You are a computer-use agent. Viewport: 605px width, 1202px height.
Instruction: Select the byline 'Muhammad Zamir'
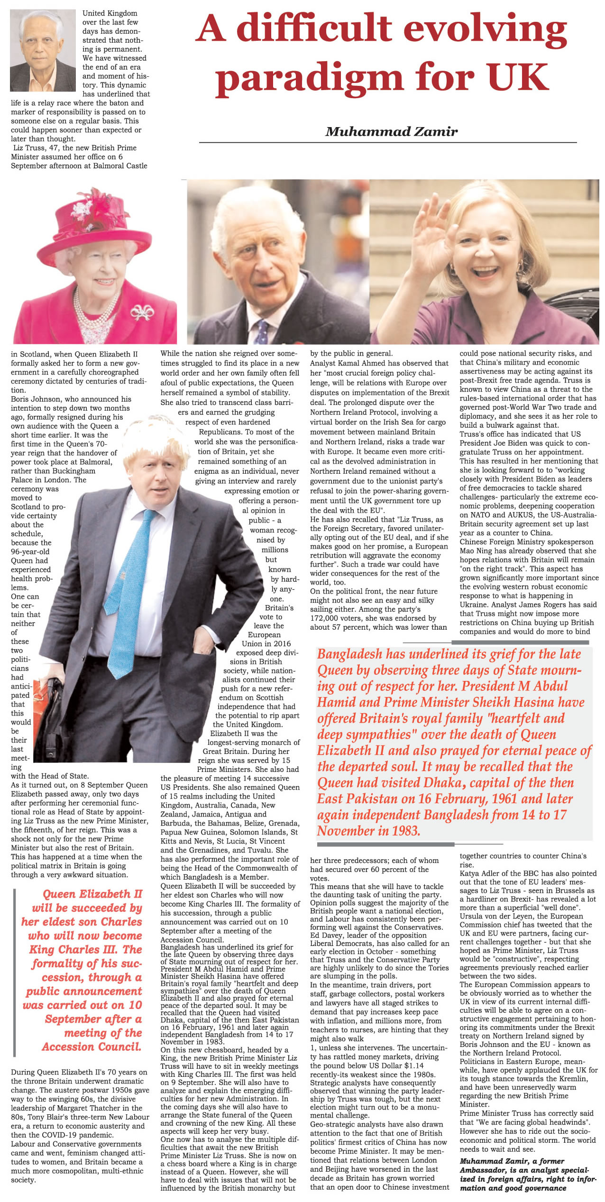(391, 131)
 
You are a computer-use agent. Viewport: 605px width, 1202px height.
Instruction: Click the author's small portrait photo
(43, 50)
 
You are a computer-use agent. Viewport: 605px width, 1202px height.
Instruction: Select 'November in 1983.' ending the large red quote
(368, 831)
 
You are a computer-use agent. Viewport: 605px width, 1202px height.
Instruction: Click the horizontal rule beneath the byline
(388, 142)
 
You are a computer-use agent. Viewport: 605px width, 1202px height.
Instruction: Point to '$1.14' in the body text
(414, 1065)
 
